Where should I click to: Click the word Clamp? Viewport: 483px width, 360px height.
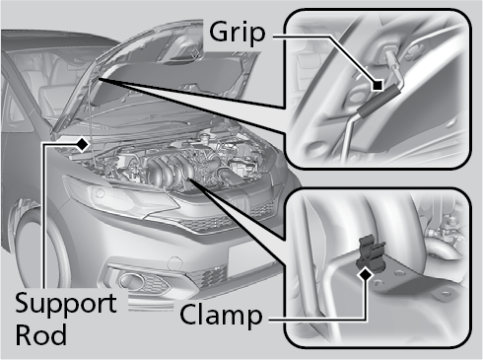221,316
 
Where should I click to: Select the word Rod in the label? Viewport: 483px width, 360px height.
41,334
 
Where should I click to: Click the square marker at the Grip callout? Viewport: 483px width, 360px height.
378,86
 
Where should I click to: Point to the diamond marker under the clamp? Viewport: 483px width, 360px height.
366,274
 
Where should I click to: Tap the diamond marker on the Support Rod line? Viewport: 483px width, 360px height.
83,144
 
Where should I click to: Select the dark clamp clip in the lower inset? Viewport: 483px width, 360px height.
371,253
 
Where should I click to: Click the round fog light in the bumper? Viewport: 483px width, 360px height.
131,281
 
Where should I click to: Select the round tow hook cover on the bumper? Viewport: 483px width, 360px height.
174,264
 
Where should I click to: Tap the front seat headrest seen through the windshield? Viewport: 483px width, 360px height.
49,94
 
